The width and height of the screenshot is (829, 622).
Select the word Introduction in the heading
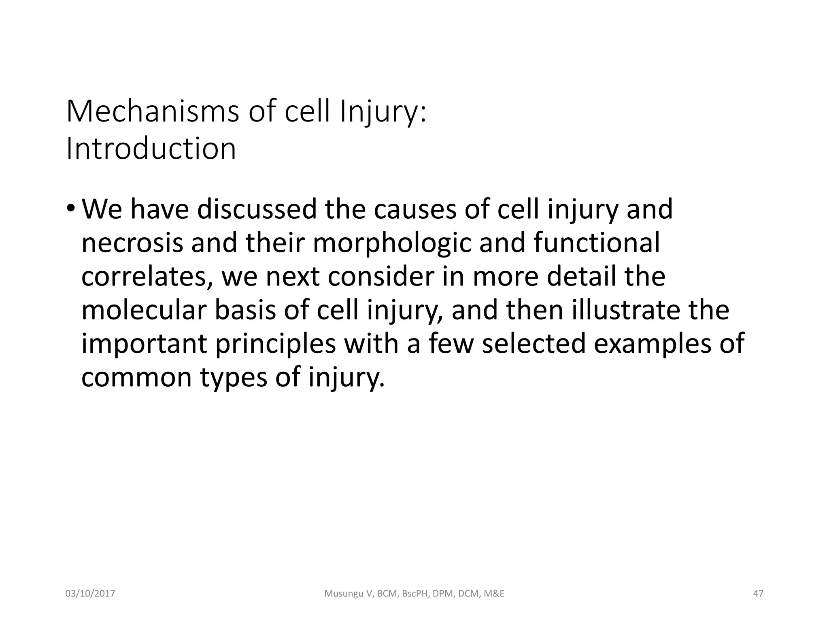tap(151, 149)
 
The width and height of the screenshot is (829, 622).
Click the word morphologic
tap(392, 243)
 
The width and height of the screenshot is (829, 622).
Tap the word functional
tap(597, 243)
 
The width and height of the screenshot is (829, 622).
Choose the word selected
tap(534, 344)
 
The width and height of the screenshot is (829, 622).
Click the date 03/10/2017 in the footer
tap(90, 594)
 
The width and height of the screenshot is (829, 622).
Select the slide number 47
tap(758, 594)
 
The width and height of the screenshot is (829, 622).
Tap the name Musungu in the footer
tap(344, 594)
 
